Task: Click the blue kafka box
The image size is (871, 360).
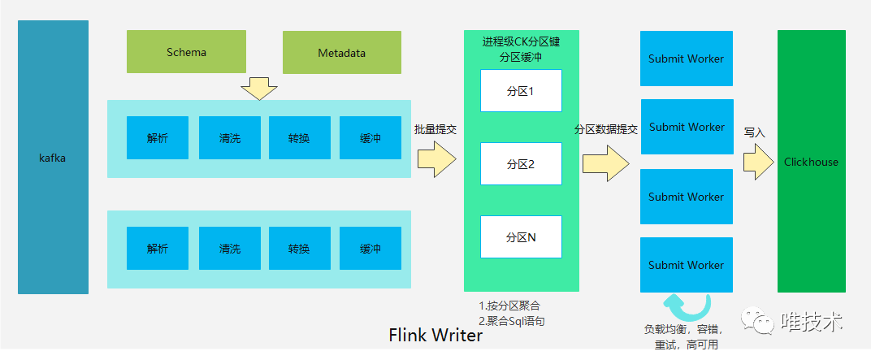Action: tap(52, 158)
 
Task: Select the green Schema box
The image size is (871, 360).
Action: tap(186, 52)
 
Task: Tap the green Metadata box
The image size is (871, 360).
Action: tap(341, 53)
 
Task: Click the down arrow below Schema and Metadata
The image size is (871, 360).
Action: tap(259, 88)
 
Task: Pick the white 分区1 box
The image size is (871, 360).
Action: tap(521, 91)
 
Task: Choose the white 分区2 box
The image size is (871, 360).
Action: tap(521, 164)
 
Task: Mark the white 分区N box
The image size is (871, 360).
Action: tap(521, 237)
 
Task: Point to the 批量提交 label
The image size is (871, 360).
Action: tap(435, 129)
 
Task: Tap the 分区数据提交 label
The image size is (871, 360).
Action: tap(605, 129)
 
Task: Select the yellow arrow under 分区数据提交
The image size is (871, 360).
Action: tap(605, 163)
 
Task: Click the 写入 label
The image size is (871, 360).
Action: tap(755, 132)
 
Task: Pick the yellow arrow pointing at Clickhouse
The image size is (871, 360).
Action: tap(757, 162)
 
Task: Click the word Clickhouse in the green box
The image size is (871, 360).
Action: tap(811, 162)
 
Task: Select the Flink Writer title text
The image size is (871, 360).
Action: tap(435, 335)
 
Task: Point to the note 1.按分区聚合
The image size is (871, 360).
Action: tap(509, 306)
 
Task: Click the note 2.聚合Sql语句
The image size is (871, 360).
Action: tap(512, 321)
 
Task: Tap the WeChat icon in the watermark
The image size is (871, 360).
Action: tap(763, 323)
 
